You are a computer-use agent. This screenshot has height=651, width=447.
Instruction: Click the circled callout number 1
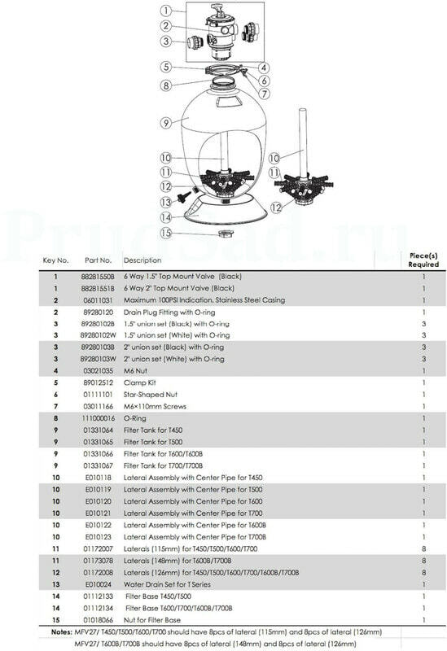pyautogui.click(x=166, y=11)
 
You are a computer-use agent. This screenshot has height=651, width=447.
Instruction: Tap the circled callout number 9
pyautogui.click(x=166, y=123)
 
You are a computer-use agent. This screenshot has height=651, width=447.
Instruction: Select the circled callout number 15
pyautogui.click(x=166, y=233)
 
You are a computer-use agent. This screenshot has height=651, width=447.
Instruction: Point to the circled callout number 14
pyautogui.click(x=166, y=217)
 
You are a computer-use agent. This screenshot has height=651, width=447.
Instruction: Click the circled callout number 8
pyautogui.click(x=166, y=85)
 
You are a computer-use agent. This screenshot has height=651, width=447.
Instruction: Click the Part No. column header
pyautogui.click(x=99, y=260)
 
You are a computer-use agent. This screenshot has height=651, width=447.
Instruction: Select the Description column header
pyautogui.click(x=142, y=260)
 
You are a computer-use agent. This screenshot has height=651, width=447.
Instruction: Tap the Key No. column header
pyautogui.click(x=55, y=260)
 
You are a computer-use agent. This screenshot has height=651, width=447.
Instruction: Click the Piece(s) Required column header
pyautogui.click(x=423, y=260)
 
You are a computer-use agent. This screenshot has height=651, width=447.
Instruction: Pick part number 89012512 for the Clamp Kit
pyautogui.click(x=98, y=382)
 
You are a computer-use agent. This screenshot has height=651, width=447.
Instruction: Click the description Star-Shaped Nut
pyautogui.click(x=151, y=395)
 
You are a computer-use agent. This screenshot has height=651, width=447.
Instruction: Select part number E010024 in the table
pyautogui.click(x=99, y=584)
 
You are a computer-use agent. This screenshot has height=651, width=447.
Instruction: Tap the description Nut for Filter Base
pyautogui.click(x=152, y=620)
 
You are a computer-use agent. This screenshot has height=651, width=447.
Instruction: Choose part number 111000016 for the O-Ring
pyautogui.click(x=99, y=418)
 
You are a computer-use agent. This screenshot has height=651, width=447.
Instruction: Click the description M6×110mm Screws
pyautogui.click(x=155, y=406)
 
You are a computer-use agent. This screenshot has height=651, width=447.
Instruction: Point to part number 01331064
pyautogui.click(x=98, y=430)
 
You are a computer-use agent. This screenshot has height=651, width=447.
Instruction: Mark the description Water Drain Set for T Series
pyautogui.click(x=167, y=584)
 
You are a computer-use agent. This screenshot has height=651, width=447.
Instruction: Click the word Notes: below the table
pyautogui.click(x=62, y=632)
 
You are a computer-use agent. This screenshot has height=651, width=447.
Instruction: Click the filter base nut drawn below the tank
pyautogui.click(x=226, y=234)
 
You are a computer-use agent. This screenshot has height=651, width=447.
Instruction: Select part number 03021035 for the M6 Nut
pyautogui.click(x=98, y=371)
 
